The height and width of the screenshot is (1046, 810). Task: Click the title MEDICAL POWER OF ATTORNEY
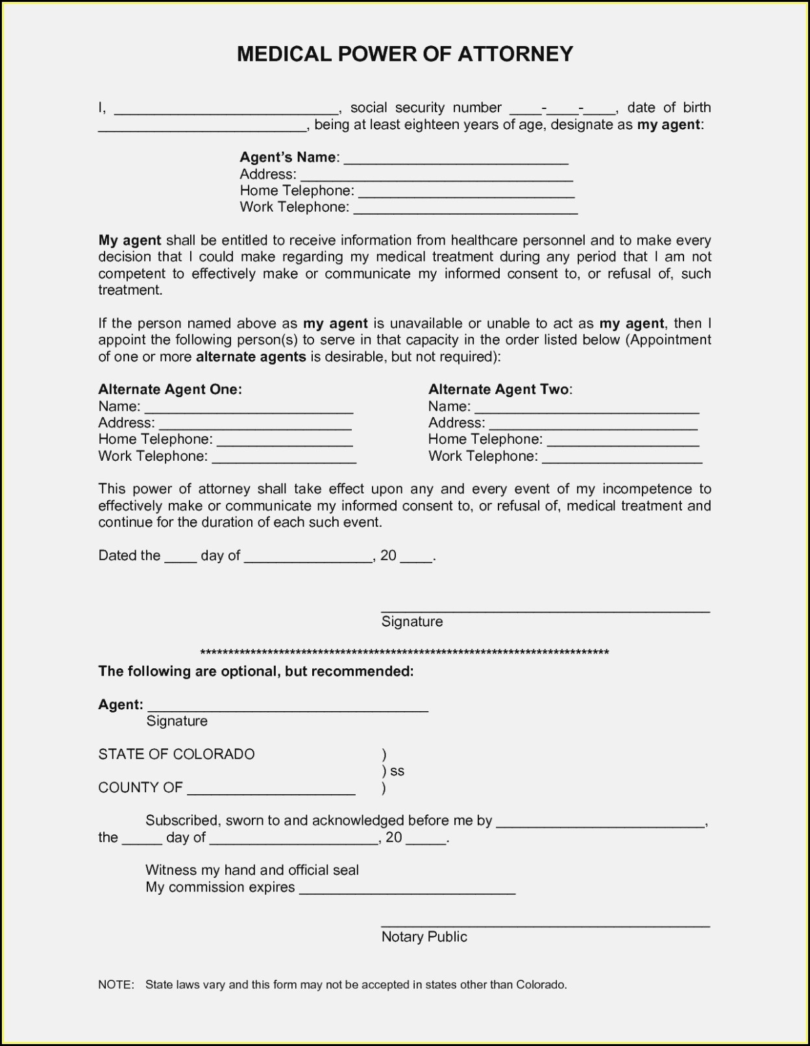click(x=405, y=54)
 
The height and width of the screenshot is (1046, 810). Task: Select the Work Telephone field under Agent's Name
click(x=465, y=208)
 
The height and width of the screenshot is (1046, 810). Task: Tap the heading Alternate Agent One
click(x=170, y=389)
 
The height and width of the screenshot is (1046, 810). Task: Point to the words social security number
click(x=426, y=108)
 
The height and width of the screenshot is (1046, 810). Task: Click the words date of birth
click(x=669, y=108)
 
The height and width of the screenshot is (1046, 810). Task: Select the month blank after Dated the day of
click(x=308, y=557)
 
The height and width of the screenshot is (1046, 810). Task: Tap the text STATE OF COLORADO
click(x=177, y=754)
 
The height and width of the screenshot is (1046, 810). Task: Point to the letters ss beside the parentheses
click(x=397, y=771)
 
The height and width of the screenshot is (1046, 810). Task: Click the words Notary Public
click(x=424, y=936)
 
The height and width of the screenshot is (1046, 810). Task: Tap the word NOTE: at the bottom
click(x=116, y=984)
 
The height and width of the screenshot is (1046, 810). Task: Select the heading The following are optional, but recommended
click(x=256, y=671)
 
